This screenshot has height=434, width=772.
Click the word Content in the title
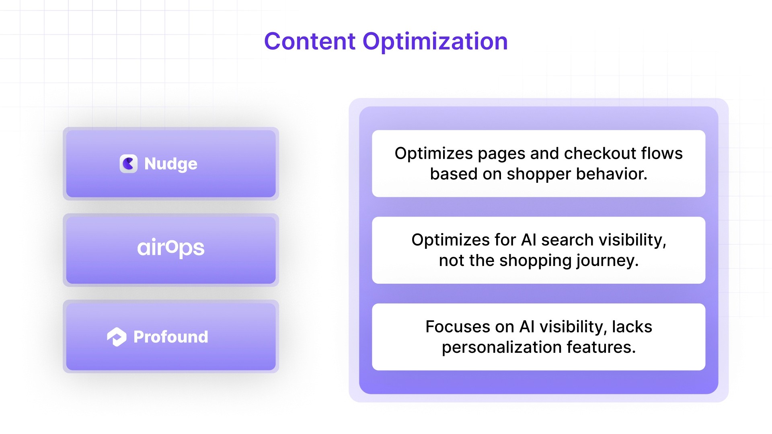(x=310, y=41)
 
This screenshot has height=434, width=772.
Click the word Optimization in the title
(x=435, y=41)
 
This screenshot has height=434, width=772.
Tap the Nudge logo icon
(x=129, y=164)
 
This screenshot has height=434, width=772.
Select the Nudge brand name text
(x=171, y=164)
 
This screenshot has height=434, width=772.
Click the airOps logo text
(x=171, y=248)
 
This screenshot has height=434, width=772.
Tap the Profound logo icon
(x=117, y=337)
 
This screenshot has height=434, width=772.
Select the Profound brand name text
(x=171, y=337)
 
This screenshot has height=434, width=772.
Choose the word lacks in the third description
(x=632, y=327)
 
